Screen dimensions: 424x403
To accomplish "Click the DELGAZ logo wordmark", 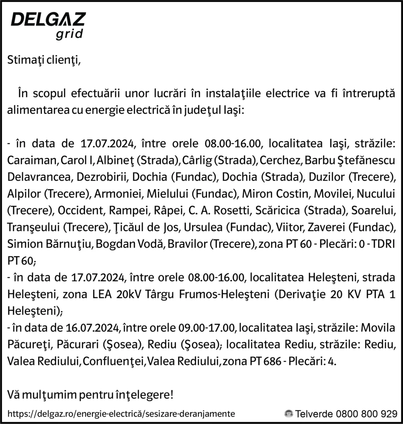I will (48, 19).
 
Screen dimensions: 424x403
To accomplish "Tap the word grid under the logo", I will (69, 34).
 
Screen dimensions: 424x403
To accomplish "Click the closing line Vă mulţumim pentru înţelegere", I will (91, 395).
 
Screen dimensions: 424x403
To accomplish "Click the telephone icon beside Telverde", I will (289, 414).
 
